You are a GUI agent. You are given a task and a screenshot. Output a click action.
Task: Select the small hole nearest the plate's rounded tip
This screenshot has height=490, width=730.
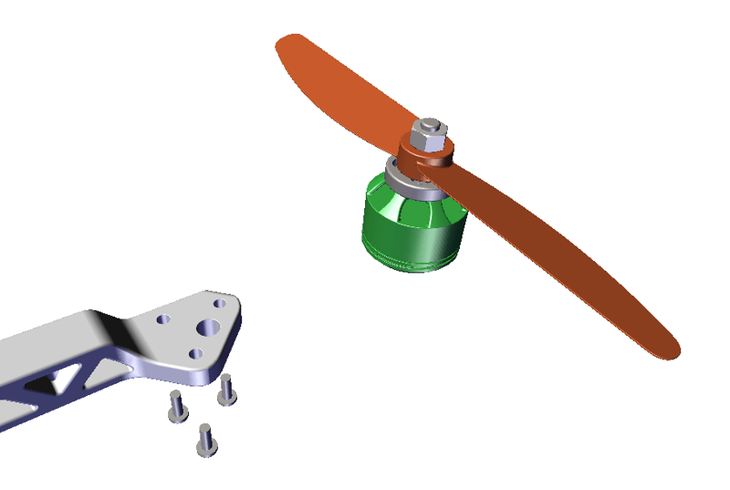coord(219,303)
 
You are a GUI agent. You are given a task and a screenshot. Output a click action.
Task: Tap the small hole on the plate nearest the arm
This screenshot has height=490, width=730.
coord(163,320)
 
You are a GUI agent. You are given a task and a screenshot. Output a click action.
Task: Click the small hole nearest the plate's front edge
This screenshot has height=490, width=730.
coord(195,353)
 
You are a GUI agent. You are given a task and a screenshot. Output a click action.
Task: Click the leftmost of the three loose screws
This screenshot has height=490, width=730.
coord(176,406)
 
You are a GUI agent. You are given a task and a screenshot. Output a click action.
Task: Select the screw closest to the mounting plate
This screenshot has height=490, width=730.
coord(226,389)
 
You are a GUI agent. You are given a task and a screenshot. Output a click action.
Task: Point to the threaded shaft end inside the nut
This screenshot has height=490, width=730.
coord(429,125)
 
